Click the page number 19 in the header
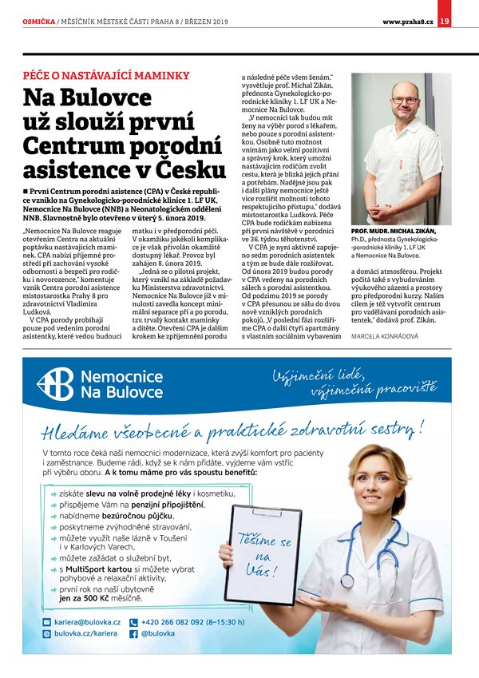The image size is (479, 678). pos(444,20)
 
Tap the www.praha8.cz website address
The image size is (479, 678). pos(407,21)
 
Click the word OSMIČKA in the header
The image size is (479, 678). pos(38,21)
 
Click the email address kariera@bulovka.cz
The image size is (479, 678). pos(87,621)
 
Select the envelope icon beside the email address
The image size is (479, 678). pos(46,621)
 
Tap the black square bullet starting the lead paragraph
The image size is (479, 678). pos(26,193)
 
